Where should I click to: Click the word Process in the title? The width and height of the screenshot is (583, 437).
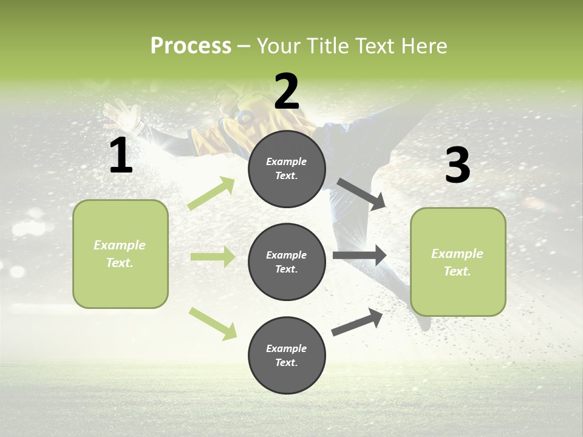click(x=191, y=46)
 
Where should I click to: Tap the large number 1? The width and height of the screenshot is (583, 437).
click(x=121, y=155)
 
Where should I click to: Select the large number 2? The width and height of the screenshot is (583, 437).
click(x=287, y=92)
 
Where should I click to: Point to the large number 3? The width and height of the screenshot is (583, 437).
click(x=457, y=166)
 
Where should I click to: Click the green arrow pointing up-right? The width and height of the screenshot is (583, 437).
click(x=211, y=194)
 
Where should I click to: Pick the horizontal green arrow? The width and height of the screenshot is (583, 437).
click(x=213, y=257)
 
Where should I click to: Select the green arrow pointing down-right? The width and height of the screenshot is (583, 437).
click(x=213, y=323)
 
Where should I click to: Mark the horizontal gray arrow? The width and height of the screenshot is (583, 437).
click(x=360, y=255)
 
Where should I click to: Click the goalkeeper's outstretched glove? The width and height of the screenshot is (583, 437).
click(x=115, y=114)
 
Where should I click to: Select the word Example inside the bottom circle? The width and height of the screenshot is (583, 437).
click(x=286, y=348)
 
